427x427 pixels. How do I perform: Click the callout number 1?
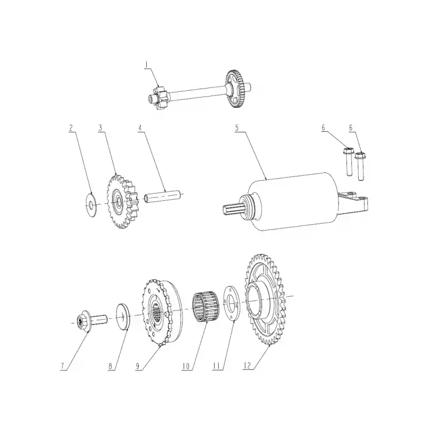click(146, 65)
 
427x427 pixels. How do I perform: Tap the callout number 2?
click(71, 128)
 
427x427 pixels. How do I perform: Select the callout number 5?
click(236, 128)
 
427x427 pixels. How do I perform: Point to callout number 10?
click(186, 366)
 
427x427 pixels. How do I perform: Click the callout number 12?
click(247, 366)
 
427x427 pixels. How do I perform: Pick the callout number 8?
click(110, 366)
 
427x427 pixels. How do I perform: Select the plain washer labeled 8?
click(123, 317)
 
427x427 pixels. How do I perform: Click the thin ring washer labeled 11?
click(232, 304)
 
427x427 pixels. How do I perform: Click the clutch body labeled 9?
click(162, 313)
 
